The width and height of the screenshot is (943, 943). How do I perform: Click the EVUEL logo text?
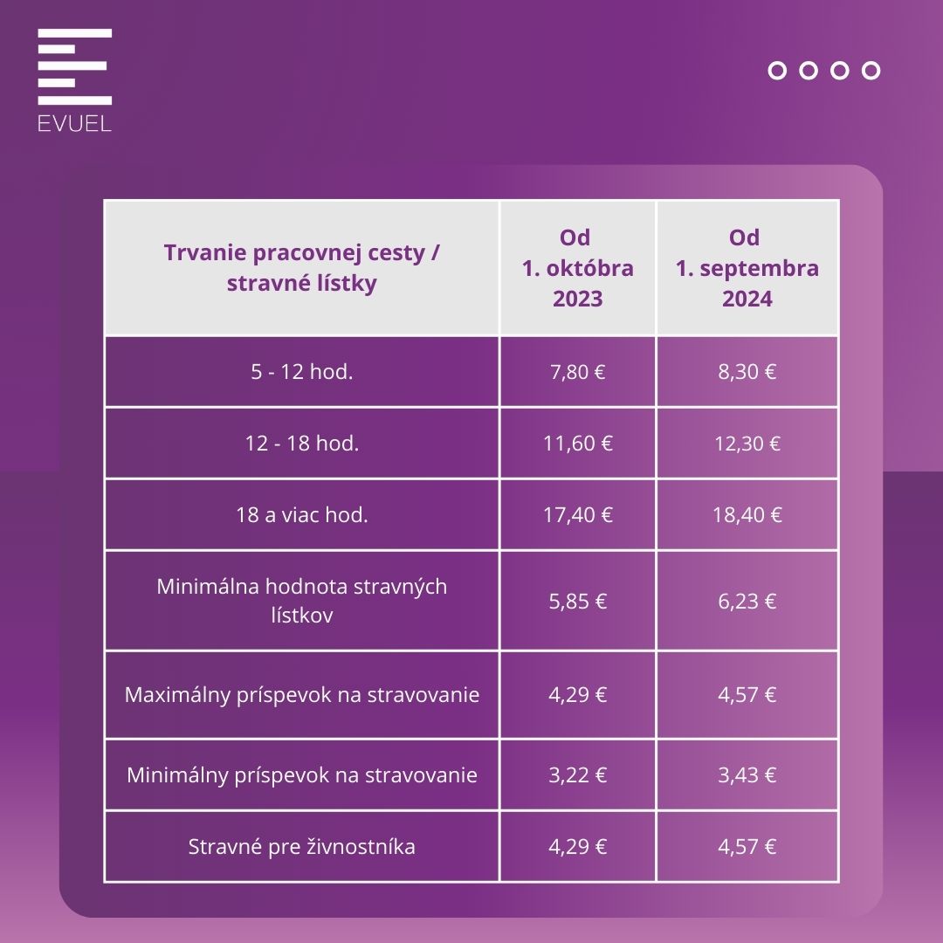tap(74, 123)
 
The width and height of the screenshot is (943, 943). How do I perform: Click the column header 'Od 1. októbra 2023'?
tap(577, 268)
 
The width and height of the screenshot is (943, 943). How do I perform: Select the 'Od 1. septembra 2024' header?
tap(747, 268)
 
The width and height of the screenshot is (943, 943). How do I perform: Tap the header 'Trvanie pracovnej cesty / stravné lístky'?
tap(301, 268)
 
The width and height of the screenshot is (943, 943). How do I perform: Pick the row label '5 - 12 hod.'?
tap(301, 372)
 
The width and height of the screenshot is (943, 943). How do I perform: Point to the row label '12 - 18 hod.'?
tap(301, 444)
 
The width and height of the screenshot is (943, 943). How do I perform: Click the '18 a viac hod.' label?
tap(301, 515)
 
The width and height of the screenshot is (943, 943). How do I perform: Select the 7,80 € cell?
tap(577, 372)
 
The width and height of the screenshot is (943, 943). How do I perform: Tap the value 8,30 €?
tap(747, 372)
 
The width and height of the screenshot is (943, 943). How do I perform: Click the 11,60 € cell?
tap(577, 444)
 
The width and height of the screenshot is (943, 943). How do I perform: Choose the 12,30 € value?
tap(747, 444)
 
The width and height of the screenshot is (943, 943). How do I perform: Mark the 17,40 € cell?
tap(577, 515)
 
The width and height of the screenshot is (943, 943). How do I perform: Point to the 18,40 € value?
tap(747, 515)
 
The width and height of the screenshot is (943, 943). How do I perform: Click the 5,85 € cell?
tap(577, 601)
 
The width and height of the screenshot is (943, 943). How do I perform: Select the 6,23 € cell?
tap(747, 601)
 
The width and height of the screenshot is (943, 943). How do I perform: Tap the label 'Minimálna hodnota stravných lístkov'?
tap(301, 601)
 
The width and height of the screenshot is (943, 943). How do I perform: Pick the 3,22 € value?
tap(577, 775)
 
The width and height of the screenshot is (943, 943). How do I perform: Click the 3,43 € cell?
tap(747, 775)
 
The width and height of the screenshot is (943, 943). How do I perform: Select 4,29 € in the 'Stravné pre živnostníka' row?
tap(577, 847)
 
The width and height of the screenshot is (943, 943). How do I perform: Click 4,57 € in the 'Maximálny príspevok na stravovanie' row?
tap(747, 695)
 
